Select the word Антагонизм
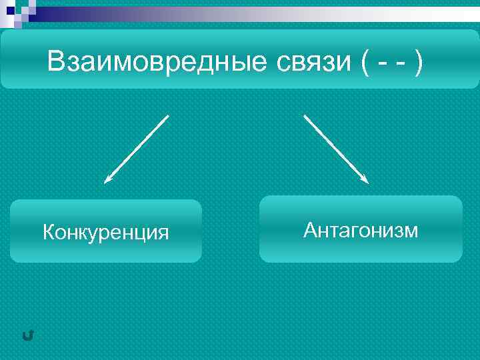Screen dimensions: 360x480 pyautogui.click(x=361, y=230)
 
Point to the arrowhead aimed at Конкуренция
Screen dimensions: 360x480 pyautogui.click(x=107, y=180)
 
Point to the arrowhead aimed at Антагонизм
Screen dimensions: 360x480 pyautogui.click(x=366, y=180)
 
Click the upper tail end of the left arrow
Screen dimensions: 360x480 pyautogui.click(x=167, y=116)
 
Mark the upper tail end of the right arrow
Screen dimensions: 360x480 pyautogui.click(x=305, y=116)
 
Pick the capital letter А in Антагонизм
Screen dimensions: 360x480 pyautogui.click(x=310, y=230)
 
